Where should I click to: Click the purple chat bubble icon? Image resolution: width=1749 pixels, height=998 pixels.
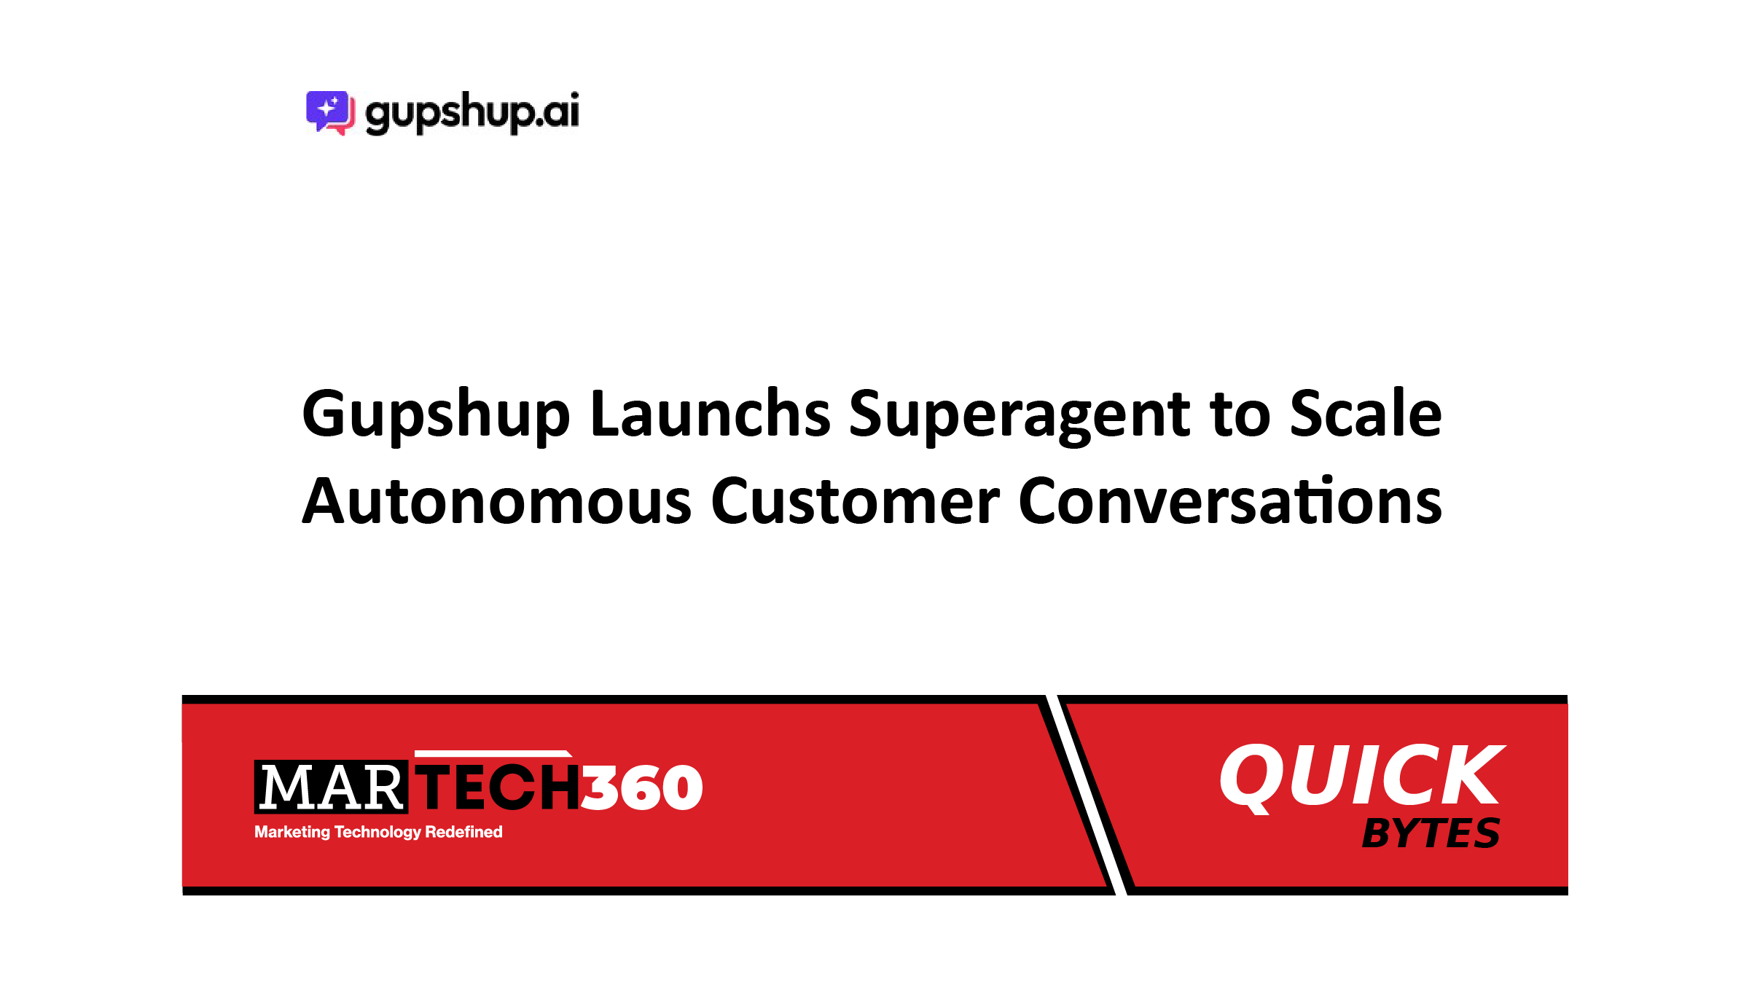(x=330, y=113)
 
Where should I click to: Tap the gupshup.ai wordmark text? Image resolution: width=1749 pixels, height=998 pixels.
(x=472, y=113)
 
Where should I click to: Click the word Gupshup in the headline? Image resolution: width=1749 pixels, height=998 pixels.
(x=436, y=415)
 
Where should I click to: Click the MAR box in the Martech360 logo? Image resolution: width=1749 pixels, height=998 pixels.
(x=331, y=787)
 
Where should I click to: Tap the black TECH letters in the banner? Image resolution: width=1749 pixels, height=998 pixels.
(x=498, y=787)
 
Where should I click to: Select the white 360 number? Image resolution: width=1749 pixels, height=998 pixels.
(x=642, y=787)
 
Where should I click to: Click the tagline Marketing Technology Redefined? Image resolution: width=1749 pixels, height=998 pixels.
(x=378, y=832)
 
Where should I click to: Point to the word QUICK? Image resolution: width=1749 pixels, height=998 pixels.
(x=1362, y=777)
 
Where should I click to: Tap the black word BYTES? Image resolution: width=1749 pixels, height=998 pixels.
(x=1431, y=833)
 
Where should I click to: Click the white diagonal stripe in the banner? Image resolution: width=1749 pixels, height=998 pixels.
(x=1087, y=795)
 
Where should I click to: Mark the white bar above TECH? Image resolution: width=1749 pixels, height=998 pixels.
(x=493, y=754)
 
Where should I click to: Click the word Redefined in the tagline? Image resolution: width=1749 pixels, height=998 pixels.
(x=463, y=831)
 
